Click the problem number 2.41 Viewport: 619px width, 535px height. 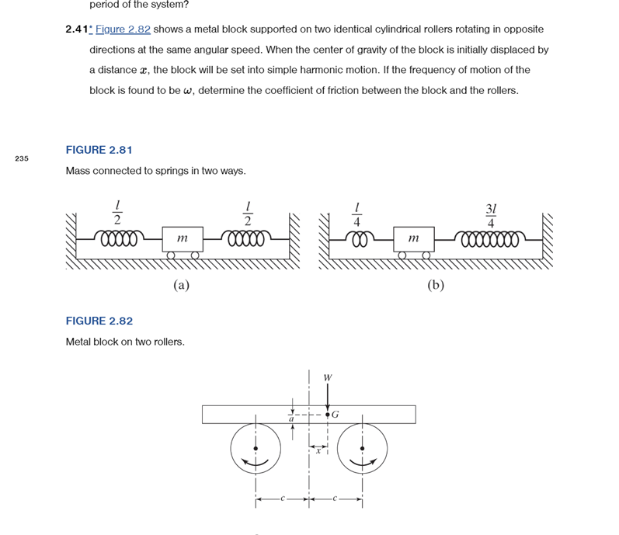coord(77,30)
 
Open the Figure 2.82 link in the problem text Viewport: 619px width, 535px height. coord(123,30)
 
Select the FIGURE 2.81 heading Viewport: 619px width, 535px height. coord(99,150)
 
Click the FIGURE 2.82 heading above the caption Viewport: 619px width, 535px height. coord(99,321)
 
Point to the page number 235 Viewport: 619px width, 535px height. coord(21,158)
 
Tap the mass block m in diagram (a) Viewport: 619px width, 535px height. coord(183,239)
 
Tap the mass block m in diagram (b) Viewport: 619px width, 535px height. coord(413,239)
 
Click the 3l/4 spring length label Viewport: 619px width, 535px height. coord(491,216)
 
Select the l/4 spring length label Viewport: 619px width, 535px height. coord(356,216)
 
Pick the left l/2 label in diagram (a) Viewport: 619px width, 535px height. coord(117,216)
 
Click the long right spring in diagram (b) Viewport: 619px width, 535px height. coord(491,236)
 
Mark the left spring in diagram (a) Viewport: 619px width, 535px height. coord(116,236)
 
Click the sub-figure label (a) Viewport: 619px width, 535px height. coord(181,285)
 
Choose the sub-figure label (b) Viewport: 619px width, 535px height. coord(436,285)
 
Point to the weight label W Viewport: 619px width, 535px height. coord(327,378)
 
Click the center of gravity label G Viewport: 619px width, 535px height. coord(336,415)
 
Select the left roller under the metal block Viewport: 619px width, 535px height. coord(256,448)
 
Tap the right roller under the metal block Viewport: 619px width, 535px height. coord(362,448)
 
